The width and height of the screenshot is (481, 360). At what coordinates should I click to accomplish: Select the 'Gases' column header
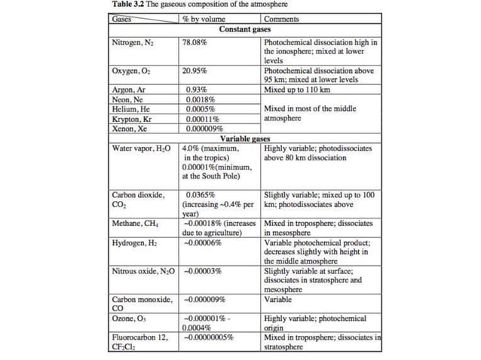pyautogui.click(x=121, y=17)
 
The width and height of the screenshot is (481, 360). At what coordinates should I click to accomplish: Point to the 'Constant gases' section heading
pyautogui.click(x=245, y=29)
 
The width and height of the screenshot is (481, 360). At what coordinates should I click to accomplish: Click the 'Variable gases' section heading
pyautogui.click(x=245, y=139)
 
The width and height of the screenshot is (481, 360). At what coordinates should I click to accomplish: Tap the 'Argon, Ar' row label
pyautogui.click(x=128, y=90)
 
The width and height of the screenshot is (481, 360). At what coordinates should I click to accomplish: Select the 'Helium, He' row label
pyautogui.click(x=131, y=109)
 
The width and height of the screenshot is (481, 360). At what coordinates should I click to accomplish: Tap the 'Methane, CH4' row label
pyautogui.click(x=136, y=224)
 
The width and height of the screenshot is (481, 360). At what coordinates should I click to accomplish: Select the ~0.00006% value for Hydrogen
pyautogui.click(x=201, y=243)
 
